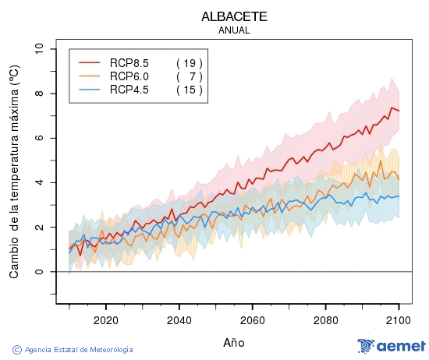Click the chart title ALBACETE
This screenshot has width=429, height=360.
tap(234, 16)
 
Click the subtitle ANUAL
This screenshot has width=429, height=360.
tap(234, 30)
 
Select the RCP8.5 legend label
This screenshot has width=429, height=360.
tap(129, 62)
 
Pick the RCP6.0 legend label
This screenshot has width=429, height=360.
tap(129, 76)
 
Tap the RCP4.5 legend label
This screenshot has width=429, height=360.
tap(129, 90)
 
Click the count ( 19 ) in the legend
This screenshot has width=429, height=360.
tap(190, 62)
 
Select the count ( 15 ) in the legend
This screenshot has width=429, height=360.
tap(190, 90)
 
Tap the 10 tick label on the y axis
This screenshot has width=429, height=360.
tap(40, 49)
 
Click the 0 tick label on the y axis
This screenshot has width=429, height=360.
tap(40, 272)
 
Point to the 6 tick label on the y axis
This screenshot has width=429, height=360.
tap(40, 138)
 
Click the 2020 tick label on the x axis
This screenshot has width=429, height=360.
tap(105, 320)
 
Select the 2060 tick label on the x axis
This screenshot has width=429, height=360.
tap(253, 320)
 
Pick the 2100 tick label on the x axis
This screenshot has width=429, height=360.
tap(399, 320)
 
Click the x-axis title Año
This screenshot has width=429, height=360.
tap(234, 342)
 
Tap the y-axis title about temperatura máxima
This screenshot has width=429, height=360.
tap(14, 171)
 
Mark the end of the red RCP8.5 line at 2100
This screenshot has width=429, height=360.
tap(399, 111)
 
